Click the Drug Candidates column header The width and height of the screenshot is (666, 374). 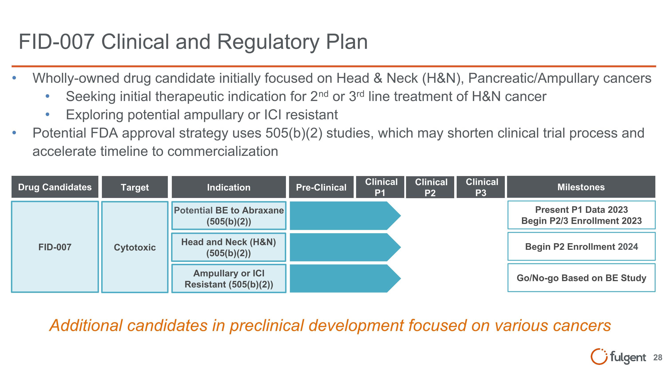click(55, 187)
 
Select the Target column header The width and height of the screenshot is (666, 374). click(135, 187)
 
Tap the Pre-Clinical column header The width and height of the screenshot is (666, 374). click(321, 187)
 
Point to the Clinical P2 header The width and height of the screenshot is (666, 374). click(430, 187)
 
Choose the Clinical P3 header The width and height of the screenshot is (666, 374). click(481, 187)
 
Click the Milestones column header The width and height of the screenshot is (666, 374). click(581, 187)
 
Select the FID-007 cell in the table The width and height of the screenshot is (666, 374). click(55, 247)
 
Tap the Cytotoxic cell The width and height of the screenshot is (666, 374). click(135, 247)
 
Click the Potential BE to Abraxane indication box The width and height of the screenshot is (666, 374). click(229, 216)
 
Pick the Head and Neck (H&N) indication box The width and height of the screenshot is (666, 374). click(229, 247)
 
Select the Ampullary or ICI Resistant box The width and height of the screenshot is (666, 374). click(229, 279)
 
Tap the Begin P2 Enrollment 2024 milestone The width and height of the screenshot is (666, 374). click(581, 247)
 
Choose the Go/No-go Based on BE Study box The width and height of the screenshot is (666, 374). click(581, 278)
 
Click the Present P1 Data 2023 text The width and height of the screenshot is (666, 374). click(581, 210)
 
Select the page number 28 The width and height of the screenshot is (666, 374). click(658, 357)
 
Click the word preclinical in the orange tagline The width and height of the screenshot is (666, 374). click(267, 325)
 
